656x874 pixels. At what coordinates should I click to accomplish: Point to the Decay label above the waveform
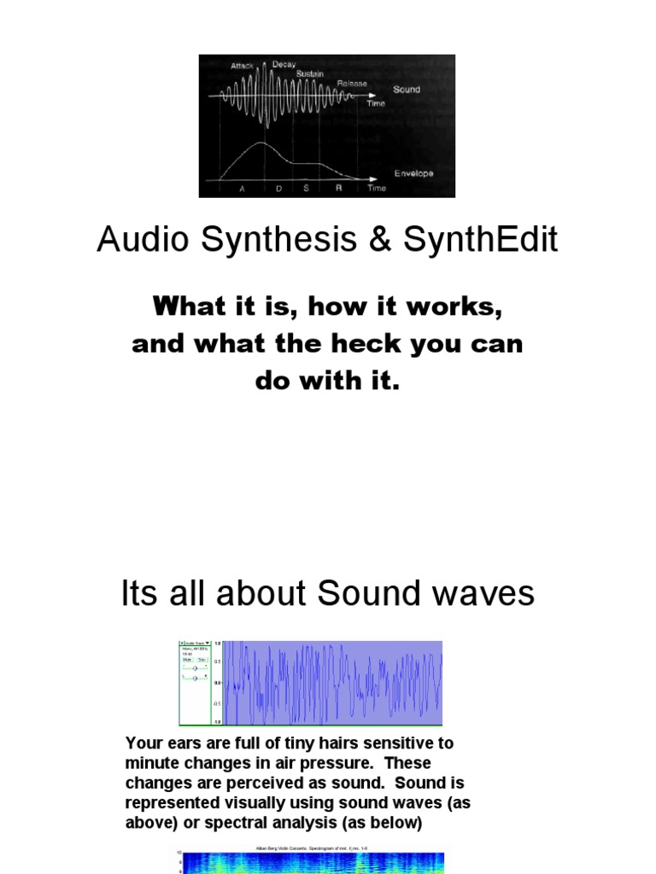pos(284,65)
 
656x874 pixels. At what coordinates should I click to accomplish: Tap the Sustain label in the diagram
pos(310,74)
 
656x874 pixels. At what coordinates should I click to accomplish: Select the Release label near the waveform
pos(351,84)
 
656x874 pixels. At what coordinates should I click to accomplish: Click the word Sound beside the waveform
pos(407,89)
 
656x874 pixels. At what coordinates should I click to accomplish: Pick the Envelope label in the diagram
pos(413,173)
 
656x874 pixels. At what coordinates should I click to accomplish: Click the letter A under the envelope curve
pos(242,189)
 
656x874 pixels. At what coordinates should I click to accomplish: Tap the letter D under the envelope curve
pos(278,189)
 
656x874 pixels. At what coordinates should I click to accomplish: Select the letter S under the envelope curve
pos(306,189)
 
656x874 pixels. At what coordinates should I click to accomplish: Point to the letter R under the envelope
pos(338,189)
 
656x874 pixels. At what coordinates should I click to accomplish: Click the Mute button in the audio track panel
pos(187,659)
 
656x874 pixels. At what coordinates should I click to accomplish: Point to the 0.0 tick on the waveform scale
pos(218,682)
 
